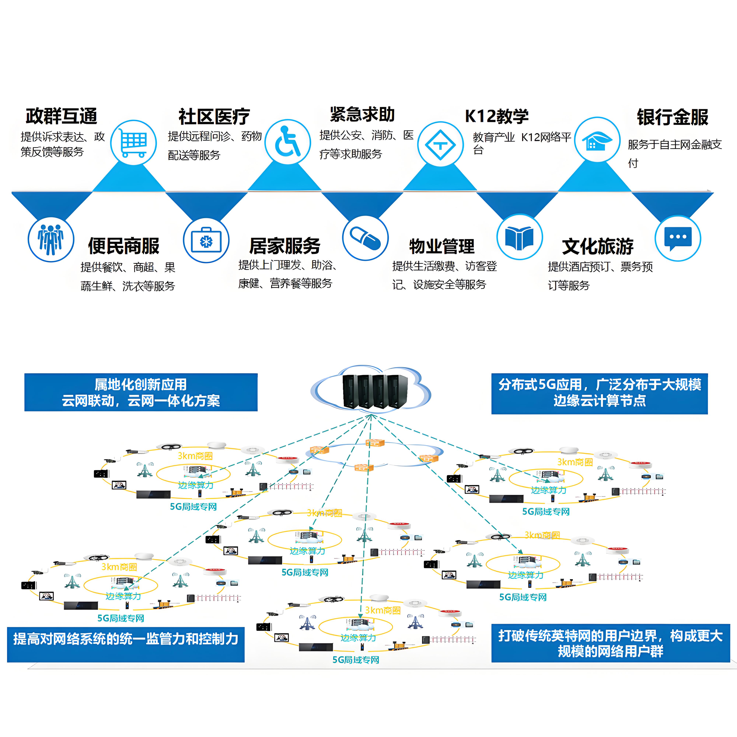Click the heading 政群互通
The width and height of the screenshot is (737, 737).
click(x=61, y=116)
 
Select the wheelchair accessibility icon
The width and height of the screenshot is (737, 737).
click(x=288, y=142)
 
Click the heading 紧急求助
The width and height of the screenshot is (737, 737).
click(x=362, y=114)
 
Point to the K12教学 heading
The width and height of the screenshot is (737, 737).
click(x=497, y=116)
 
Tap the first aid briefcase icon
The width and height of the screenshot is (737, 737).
click(x=206, y=240)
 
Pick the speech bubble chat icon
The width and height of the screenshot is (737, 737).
click(x=677, y=238)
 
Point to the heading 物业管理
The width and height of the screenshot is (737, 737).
click(x=442, y=246)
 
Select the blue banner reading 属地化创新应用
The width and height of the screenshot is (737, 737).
click(x=141, y=392)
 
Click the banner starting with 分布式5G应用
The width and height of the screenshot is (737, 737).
click(x=599, y=393)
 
